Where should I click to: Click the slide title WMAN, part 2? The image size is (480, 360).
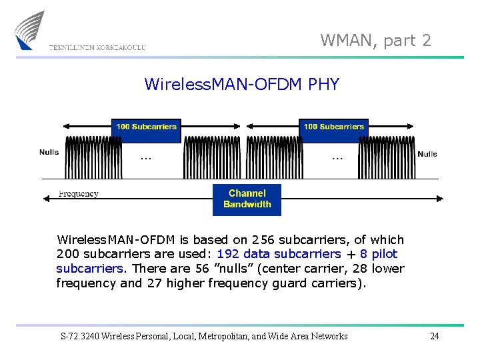pos(375,41)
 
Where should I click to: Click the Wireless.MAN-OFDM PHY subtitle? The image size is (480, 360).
pos(241,85)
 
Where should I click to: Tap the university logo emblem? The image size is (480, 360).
pos(29,29)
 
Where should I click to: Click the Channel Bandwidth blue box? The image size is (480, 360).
pos(247,199)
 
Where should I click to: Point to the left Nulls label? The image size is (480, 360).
pos(49,152)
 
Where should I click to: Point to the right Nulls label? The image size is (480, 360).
pos(427,154)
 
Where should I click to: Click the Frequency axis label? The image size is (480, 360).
pos(79,194)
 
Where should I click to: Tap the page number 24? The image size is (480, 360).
pos(434,336)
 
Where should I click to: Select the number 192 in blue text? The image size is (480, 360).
pos(228,254)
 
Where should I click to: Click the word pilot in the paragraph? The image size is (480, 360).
pos(384,254)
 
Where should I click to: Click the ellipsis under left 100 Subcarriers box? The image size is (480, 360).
pos(146,159)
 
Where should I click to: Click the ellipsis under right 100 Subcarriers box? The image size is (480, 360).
pos(337,159)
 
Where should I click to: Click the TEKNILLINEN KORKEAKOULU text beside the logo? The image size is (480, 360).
pos(97,47)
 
